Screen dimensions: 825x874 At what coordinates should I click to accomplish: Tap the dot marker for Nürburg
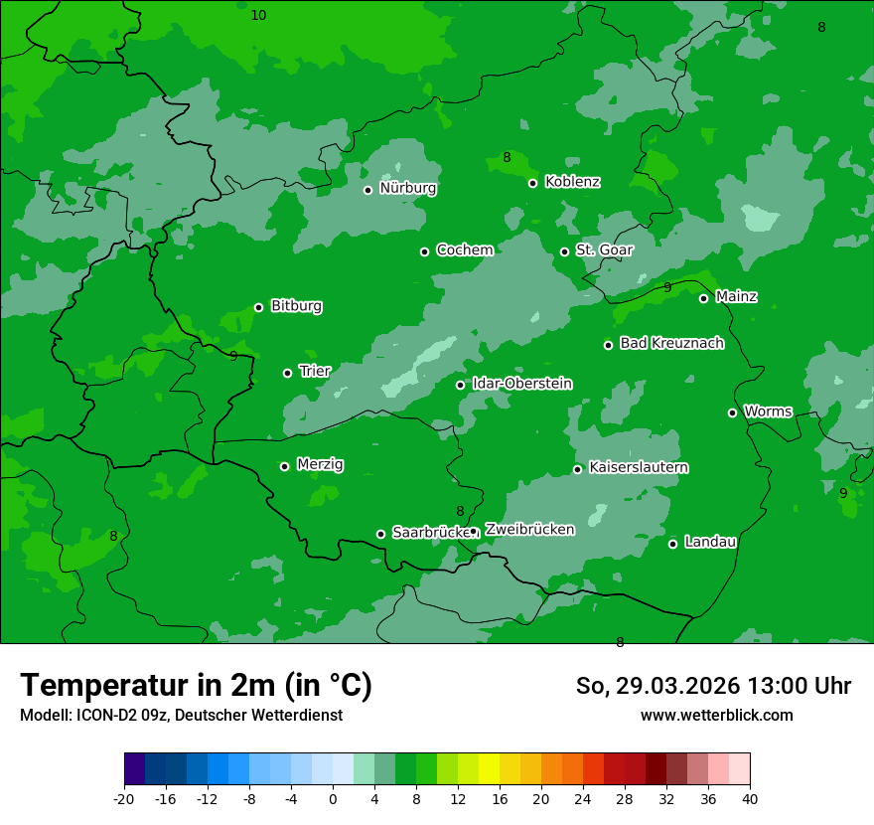coord(367,190)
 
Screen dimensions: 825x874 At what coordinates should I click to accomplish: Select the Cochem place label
coord(464,250)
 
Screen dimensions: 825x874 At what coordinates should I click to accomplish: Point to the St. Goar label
coord(604,250)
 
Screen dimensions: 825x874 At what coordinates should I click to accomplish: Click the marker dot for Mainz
coord(703,298)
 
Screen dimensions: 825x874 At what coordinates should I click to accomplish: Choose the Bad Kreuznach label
coord(671,344)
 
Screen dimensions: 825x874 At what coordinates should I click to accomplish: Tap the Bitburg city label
coord(296,306)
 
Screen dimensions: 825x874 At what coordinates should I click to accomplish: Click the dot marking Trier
coord(287,373)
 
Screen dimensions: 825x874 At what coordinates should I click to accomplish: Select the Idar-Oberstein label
coord(521,384)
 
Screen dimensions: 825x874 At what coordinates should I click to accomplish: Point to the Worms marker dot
coord(732,412)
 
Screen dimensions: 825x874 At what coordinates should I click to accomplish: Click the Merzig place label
coord(320,465)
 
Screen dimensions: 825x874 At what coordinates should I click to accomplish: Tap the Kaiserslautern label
coord(639,468)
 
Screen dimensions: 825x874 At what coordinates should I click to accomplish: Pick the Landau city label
coord(710,543)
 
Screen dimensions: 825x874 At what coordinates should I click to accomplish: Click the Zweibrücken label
coord(529,530)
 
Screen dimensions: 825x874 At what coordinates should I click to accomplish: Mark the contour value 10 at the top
coord(258,15)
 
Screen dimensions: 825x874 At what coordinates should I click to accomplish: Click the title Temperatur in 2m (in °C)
coord(196,686)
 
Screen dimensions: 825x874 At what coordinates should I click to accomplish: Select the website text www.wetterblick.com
coord(716,716)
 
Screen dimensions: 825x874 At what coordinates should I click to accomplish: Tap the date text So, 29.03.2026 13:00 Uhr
coord(713,686)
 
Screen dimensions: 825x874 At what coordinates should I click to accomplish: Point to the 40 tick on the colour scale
coord(749,799)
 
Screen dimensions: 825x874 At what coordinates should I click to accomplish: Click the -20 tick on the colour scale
coord(124,799)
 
